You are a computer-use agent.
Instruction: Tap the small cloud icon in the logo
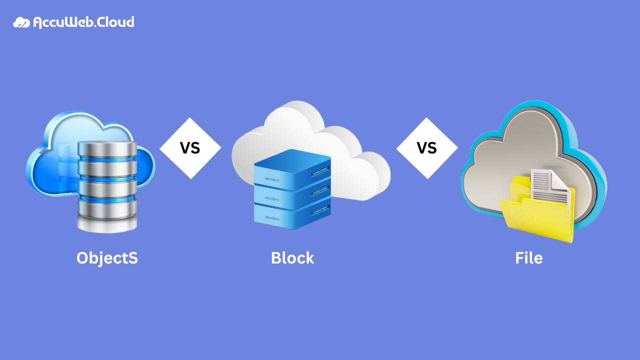pos(21,22)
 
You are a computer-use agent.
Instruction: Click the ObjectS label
pos(107,258)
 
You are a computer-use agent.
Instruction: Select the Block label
pos(292,258)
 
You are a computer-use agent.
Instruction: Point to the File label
pos(528,258)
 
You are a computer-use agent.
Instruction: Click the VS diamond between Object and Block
pos(190,148)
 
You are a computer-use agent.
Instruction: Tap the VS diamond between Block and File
pos(427,148)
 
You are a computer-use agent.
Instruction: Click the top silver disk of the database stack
pos(107,149)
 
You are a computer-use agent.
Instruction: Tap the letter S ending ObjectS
pos(132,258)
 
